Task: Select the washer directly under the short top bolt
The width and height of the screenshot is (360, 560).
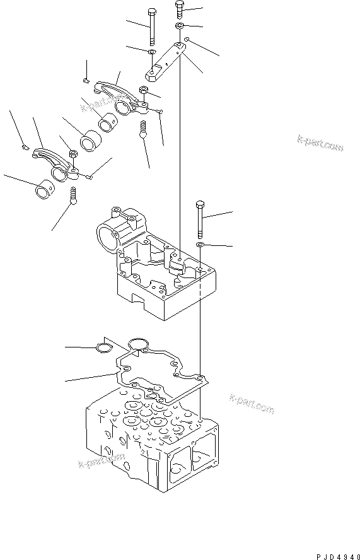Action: (x=180, y=25)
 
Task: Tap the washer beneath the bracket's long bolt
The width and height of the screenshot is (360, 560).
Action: (x=152, y=51)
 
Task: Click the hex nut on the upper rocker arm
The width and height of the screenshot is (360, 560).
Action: (x=144, y=90)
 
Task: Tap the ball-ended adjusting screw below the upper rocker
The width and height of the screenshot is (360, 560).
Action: (x=143, y=129)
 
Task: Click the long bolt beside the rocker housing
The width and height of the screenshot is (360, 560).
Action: (x=200, y=218)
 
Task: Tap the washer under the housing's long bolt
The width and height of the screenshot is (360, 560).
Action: (x=200, y=243)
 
